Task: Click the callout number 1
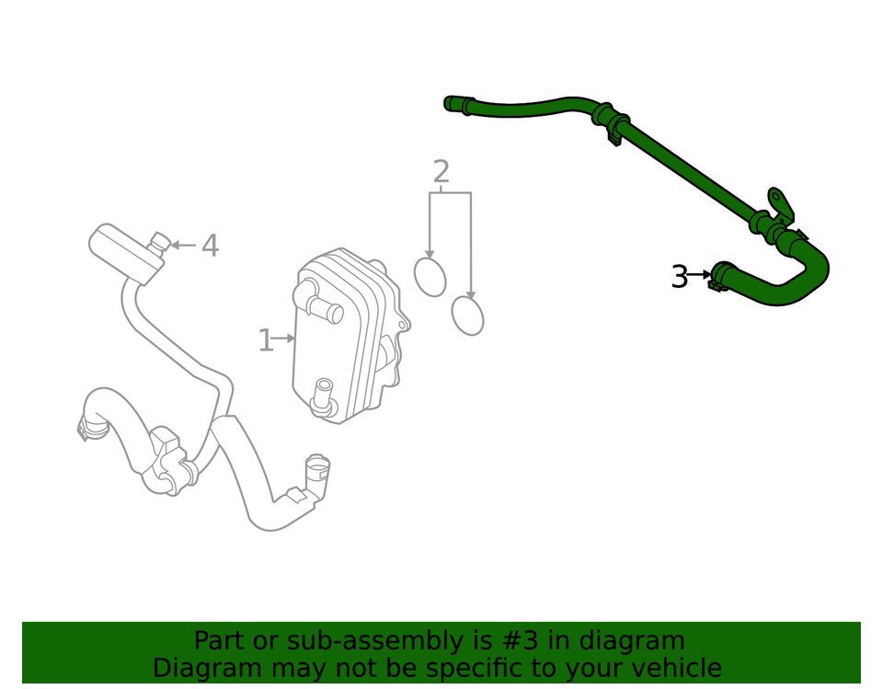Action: [x=265, y=341]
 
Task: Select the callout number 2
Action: [x=441, y=172]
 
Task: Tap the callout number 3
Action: [x=679, y=276]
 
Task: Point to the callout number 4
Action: [x=210, y=246]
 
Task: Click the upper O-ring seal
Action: [x=430, y=276]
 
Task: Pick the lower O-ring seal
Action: [x=468, y=316]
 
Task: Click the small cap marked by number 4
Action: [x=159, y=241]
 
